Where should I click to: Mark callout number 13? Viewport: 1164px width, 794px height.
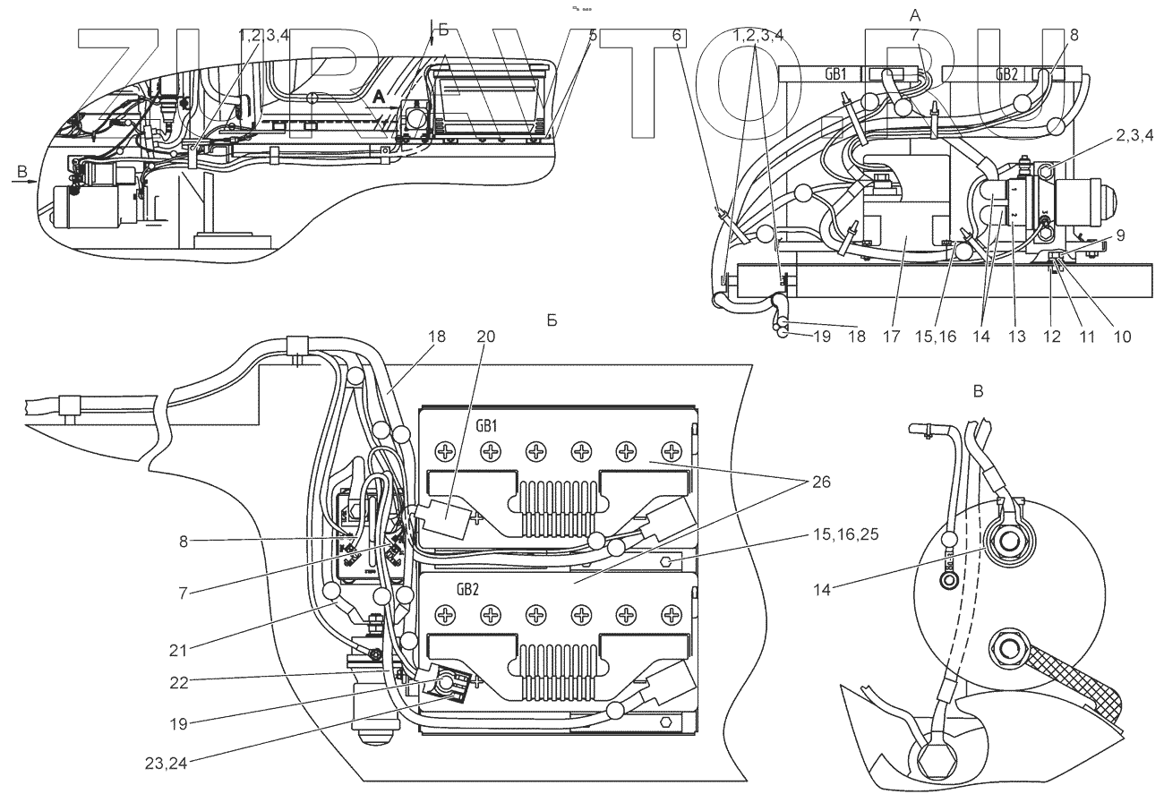click(x=1015, y=337)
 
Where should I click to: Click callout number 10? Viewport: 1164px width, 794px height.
click(x=1121, y=337)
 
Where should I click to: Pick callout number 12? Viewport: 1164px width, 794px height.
click(x=1051, y=337)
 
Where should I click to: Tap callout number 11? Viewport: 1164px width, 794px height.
click(x=1086, y=337)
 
